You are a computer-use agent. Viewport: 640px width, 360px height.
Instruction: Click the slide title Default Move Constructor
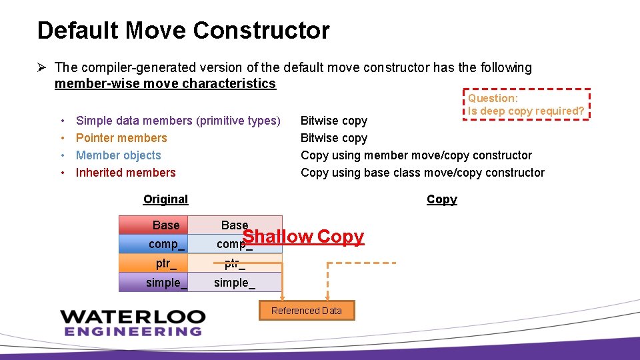click(x=183, y=31)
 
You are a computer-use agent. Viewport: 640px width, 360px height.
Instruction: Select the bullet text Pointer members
click(x=121, y=138)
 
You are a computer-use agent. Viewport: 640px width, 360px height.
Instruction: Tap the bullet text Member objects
click(x=119, y=155)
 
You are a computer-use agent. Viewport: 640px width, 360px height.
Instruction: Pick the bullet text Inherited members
click(x=126, y=173)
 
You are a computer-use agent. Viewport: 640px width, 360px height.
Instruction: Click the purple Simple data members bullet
click(x=178, y=121)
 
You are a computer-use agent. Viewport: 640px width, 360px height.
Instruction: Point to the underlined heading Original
click(x=165, y=199)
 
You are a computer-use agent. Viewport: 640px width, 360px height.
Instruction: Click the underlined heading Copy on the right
click(x=441, y=199)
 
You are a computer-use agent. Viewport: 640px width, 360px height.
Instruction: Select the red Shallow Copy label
click(x=303, y=237)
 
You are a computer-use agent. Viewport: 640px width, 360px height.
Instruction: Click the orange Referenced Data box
click(x=306, y=311)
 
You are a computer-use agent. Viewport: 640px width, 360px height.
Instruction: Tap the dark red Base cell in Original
click(x=153, y=225)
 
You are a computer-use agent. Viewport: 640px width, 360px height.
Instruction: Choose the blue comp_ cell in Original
click(x=153, y=244)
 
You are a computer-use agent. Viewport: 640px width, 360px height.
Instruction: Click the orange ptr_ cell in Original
click(x=153, y=263)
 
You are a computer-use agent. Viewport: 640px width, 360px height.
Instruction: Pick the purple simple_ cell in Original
click(x=153, y=282)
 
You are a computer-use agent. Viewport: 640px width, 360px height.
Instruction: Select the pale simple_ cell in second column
click(x=235, y=282)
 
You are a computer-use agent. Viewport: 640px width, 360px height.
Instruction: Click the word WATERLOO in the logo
click(x=133, y=317)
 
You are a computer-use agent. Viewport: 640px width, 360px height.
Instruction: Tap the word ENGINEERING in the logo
click(x=133, y=331)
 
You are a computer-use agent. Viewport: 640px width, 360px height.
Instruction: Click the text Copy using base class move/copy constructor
click(x=423, y=173)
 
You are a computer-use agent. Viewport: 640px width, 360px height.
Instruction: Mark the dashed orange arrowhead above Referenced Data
click(x=327, y=297)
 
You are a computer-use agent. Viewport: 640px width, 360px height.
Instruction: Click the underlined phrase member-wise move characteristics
click(x=165, y=83)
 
